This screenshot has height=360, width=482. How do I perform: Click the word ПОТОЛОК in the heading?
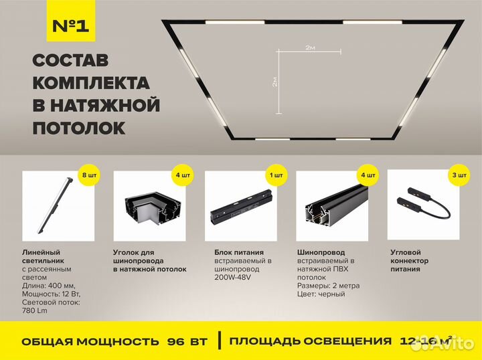[78, 127]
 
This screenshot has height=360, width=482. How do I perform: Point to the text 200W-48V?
[229, 277]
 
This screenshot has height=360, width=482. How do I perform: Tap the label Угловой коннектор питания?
[409, 261]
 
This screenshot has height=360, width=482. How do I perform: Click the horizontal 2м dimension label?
[310, 48]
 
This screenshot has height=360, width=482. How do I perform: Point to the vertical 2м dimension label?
[275, 82]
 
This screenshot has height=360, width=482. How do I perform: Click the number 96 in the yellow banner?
[176, 341]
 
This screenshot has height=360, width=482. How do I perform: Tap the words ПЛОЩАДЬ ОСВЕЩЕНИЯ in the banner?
[310, 341]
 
